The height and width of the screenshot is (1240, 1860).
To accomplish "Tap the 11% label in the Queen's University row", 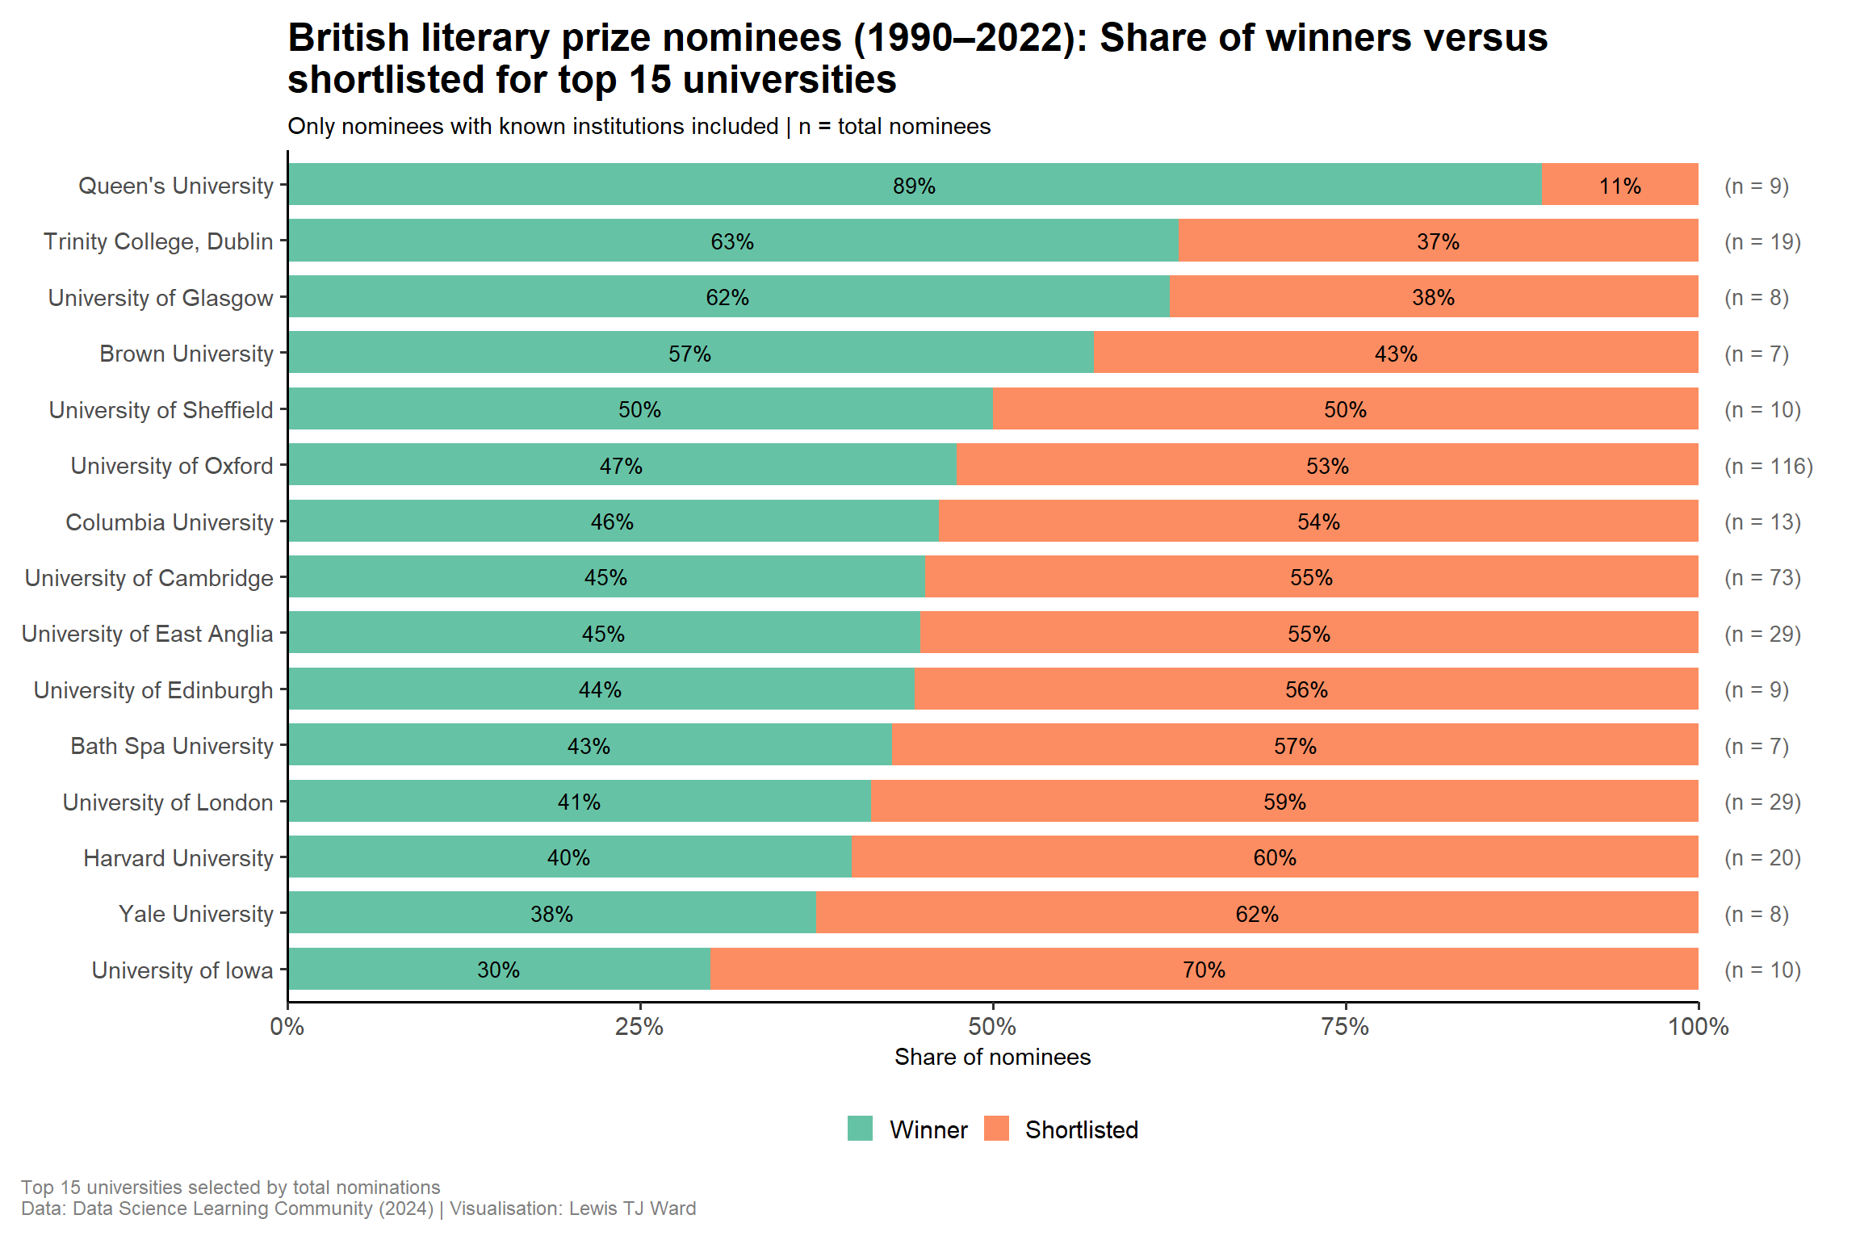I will pos(1619,186).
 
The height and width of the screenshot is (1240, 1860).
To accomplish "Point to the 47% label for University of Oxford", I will pos(621,467).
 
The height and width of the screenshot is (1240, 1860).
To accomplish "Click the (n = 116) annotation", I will pos(1768,467).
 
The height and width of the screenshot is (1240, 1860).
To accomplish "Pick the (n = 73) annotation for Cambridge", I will pos(1762,578).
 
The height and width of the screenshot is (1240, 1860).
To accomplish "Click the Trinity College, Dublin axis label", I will pos(158,241).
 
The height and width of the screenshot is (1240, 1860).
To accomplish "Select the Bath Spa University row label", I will pos(172,746).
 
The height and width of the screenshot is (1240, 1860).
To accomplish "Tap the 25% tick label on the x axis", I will pos(639,1027).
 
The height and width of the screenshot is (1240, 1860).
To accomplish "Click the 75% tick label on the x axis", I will pos(1345,1027).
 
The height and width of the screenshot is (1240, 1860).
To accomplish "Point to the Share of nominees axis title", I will pos(992,1057).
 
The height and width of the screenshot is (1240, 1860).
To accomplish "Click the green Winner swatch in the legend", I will pos(860,1129).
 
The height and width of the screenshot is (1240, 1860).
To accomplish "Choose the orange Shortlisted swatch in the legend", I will pos(996,1129).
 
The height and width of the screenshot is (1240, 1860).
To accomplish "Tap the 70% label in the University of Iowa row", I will pos(1204,970).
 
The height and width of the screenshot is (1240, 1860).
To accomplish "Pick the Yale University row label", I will pos(196,914).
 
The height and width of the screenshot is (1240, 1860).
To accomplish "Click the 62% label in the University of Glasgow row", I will pos(727,298).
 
